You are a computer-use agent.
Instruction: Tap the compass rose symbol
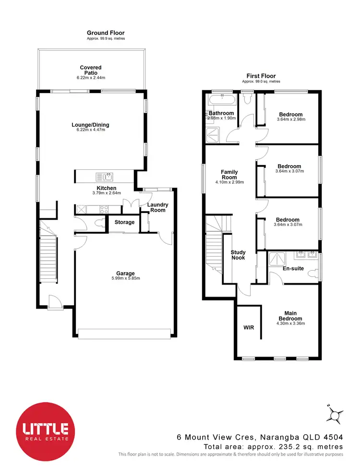point(335,413)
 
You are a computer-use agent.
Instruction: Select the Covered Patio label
point(91,70)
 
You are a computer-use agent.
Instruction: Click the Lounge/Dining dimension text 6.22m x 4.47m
point(91,130)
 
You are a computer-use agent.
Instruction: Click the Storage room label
point(124,222)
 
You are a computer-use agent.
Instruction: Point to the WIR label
point(249,327)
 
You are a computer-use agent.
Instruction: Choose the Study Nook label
point(238,255)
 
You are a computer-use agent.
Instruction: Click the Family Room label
point(229,174)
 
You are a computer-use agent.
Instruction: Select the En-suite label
point(293,268)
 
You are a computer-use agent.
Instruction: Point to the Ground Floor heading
point(106,33)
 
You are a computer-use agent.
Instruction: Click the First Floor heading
point(261,76)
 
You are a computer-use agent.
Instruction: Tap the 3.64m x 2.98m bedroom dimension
point(291,119)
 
